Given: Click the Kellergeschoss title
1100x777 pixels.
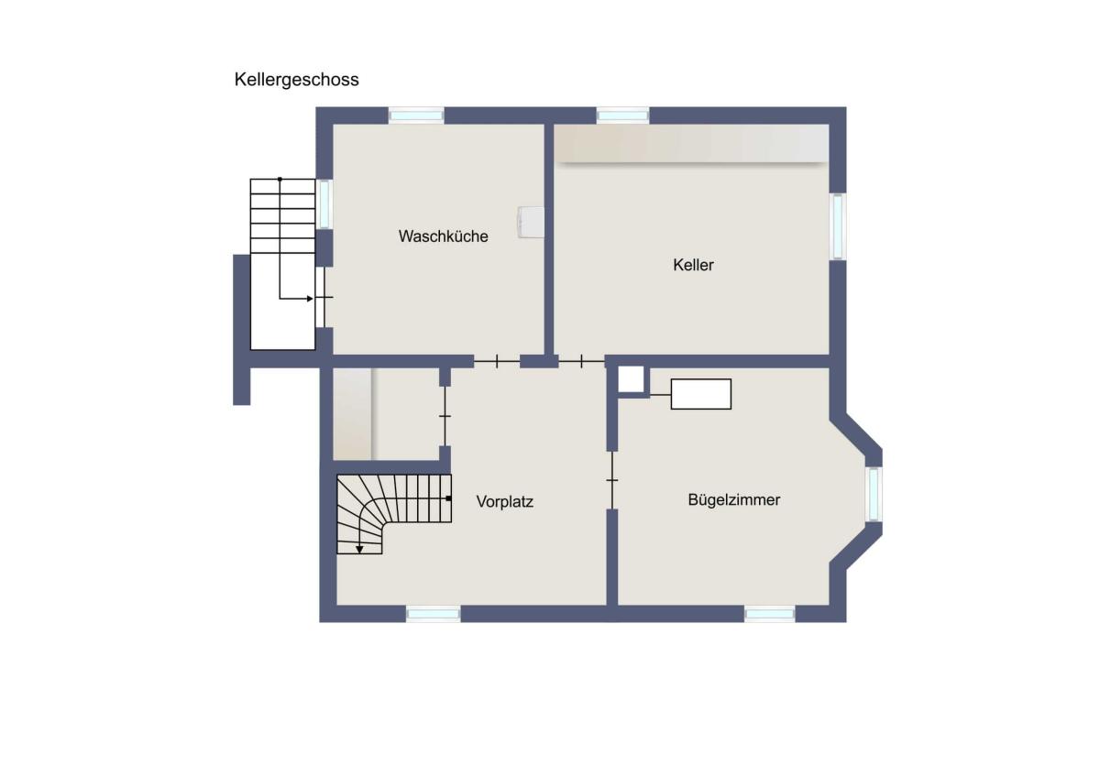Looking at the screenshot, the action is coord(297,80).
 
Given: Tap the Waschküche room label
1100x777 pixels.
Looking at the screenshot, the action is coord(444,236).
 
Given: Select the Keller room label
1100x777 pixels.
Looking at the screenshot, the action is coord(693,265).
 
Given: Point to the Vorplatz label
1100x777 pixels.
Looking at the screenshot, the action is coord(505,501).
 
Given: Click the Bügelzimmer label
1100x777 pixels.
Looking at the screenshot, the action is coord(734,500).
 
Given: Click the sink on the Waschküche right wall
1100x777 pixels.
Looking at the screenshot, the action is coord(531,222).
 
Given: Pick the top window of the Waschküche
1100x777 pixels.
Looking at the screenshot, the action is coord(416,115).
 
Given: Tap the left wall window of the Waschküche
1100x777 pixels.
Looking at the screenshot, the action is coord(324,204).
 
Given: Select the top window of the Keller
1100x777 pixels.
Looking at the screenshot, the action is coord(622,115).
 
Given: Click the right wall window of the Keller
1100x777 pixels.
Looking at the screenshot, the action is coord(838,226).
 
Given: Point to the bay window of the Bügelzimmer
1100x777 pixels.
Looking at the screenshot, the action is coord(874,494).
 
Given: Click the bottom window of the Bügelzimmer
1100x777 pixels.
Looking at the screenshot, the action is coord(769,614).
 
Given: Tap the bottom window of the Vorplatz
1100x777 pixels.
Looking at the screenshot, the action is coord(433,614).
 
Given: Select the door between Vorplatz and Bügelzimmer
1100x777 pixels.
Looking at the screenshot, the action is coord(612,480).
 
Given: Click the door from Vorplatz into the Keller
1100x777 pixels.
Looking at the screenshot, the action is coord(581,362).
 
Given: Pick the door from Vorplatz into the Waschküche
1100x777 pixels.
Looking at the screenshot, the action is coord(497,362).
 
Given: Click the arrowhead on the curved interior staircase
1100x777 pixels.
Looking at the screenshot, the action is coord(359,549).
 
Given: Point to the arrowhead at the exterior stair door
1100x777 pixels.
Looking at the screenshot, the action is coord(310,299).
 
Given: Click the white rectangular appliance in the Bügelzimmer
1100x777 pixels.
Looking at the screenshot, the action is coord(700,394).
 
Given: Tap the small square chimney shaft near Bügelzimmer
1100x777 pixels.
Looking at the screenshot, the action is coord(631,379).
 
